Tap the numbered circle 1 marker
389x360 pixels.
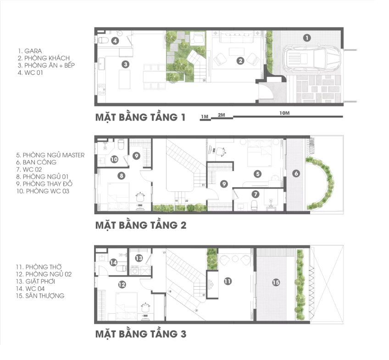point(307,38)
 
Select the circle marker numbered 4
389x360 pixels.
point(115,41)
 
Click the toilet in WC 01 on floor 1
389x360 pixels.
point(103,40)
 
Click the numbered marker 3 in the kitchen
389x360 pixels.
point(126,65)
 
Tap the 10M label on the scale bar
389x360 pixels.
point(284,113)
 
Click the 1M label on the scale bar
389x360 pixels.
point(205,116)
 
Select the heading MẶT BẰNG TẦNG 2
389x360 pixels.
point(141,225)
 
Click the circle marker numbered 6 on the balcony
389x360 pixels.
point(296,173)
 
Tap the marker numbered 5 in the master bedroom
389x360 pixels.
point(258,174)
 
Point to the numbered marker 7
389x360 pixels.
point(256,194)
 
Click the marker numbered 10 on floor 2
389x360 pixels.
point(114,160)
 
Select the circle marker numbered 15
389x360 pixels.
point(276,282)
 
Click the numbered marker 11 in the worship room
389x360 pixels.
point(228,281)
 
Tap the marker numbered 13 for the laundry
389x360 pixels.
point(139,258)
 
